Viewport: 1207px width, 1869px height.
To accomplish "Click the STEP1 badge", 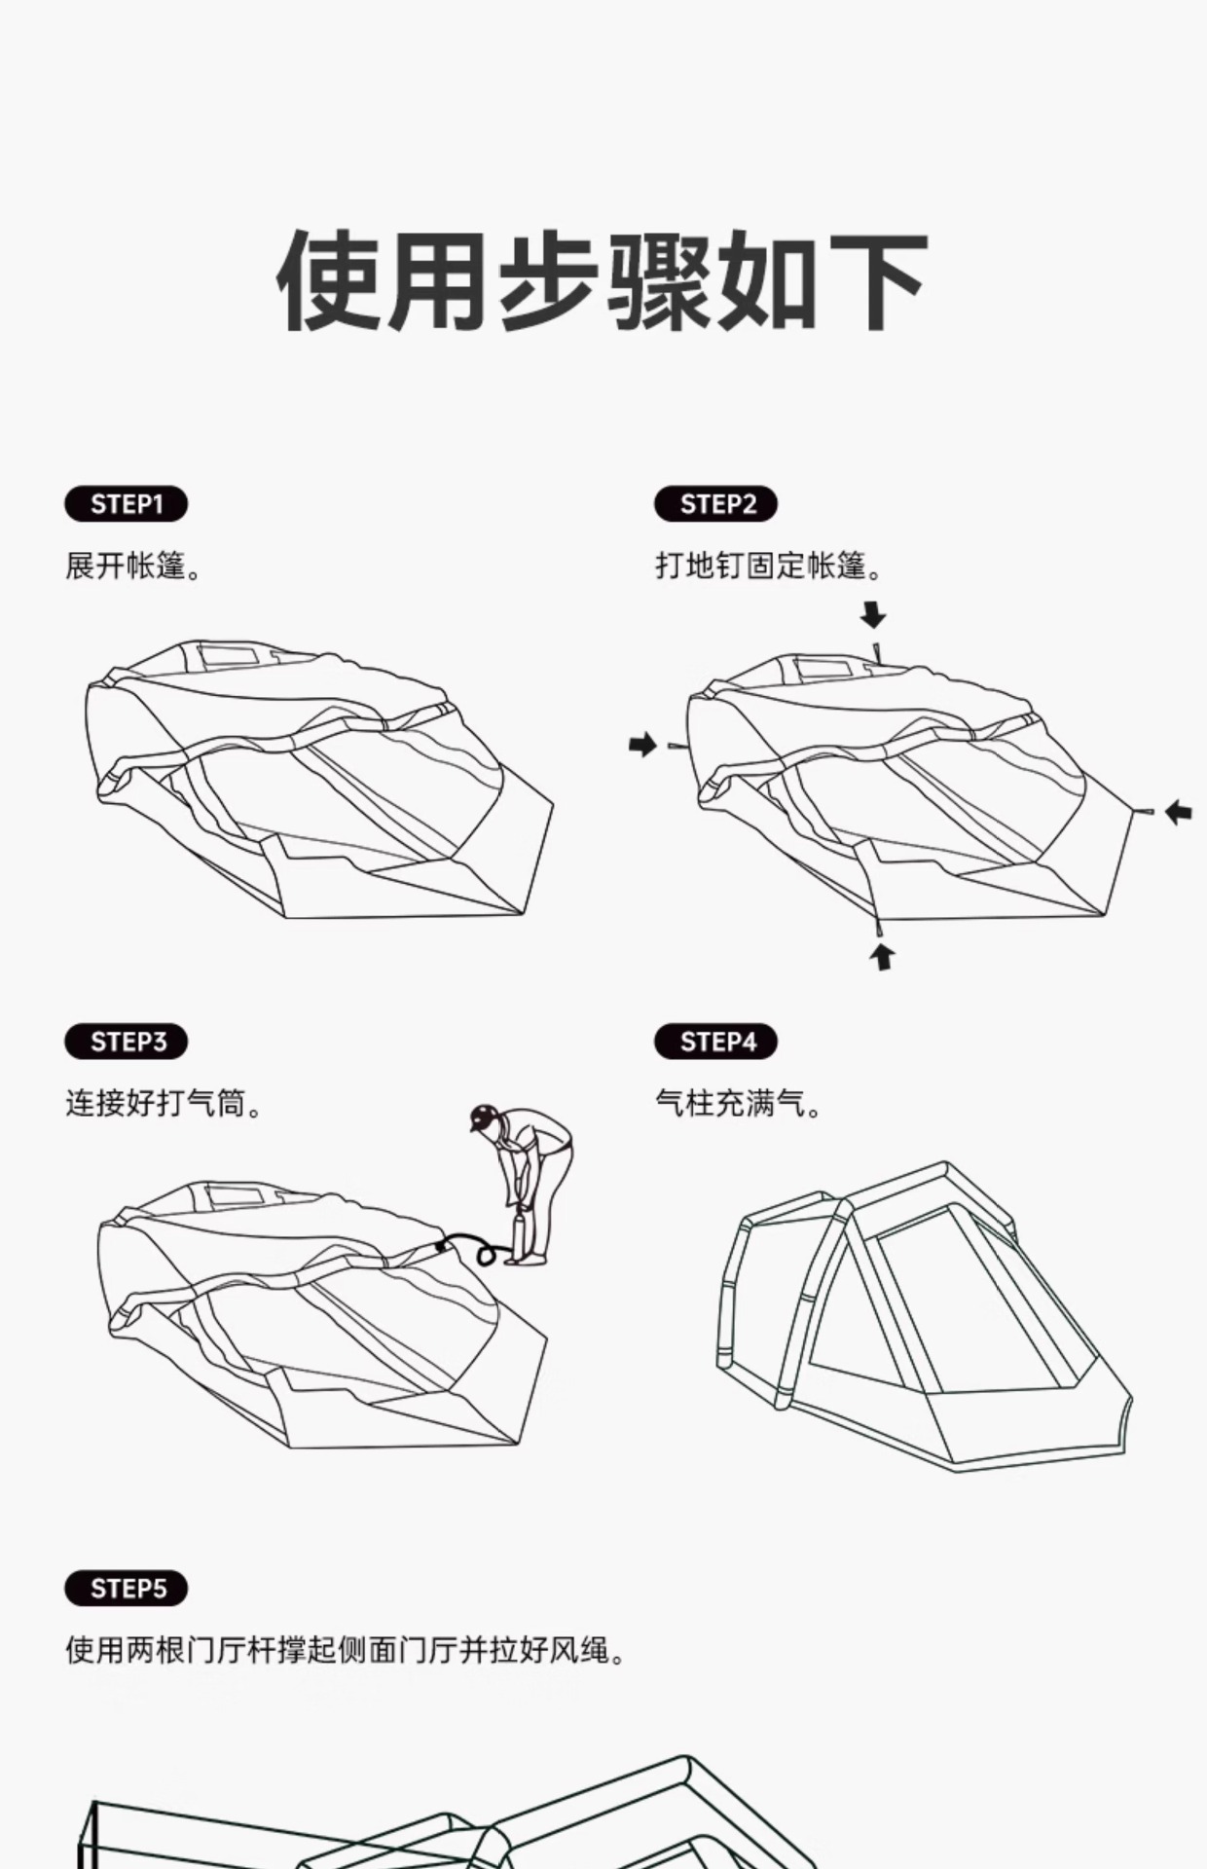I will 126,504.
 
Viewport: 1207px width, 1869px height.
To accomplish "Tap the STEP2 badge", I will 715,504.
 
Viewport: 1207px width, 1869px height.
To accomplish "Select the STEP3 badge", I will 126,1042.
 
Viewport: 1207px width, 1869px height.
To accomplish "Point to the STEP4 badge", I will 715,1042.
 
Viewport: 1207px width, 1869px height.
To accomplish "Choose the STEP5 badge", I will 126,1589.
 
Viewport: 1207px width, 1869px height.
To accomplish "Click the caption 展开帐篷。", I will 133,566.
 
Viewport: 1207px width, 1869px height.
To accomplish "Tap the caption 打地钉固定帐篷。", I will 769,566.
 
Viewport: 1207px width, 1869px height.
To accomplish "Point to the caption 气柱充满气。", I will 739,1104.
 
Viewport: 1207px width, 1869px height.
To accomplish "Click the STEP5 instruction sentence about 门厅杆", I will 347,1651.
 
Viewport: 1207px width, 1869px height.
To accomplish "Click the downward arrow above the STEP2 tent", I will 873,615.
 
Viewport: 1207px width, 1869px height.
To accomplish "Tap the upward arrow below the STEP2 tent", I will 882,956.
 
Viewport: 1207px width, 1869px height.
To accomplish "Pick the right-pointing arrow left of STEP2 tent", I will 642,745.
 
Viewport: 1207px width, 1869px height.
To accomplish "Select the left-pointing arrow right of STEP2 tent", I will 1179,811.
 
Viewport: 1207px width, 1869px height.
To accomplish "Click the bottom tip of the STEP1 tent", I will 522,913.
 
